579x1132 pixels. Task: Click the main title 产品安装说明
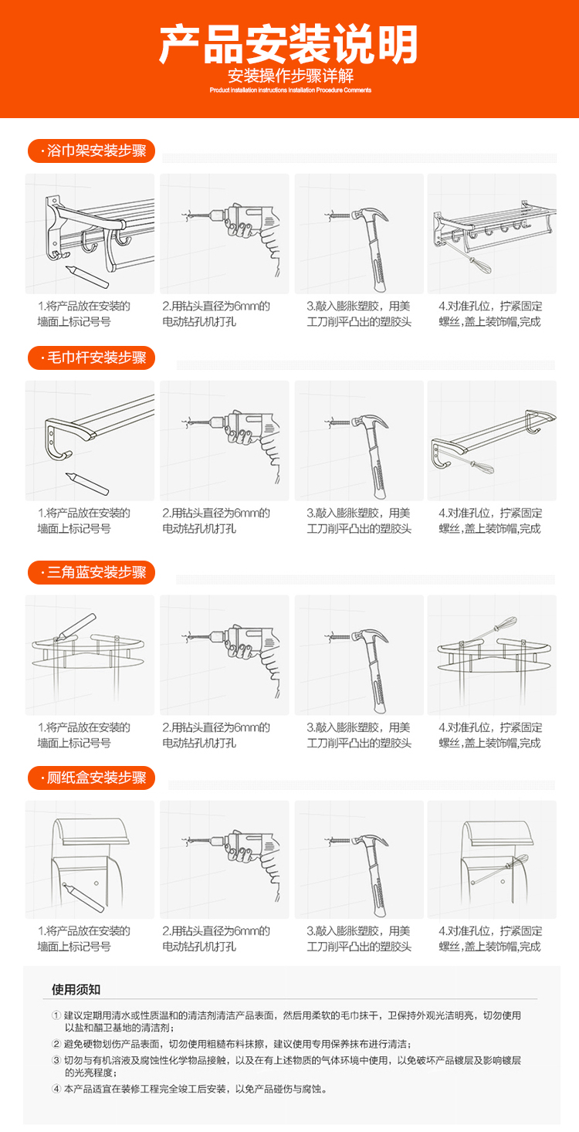[289, 45]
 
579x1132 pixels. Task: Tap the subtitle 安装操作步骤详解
[290, 76]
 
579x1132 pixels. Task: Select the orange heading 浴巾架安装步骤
[91, 151]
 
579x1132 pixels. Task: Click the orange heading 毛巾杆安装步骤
[91, 358]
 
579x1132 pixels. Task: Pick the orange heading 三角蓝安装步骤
[91, 572]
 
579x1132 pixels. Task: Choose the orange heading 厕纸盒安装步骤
[91, 778]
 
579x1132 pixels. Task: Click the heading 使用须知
[76, 989]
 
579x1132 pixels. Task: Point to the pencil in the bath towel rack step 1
[87, 276]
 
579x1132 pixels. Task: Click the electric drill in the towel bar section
[245, 439]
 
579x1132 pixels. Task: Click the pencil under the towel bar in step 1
[87, 483]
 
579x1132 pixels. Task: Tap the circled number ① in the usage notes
[56, 1015]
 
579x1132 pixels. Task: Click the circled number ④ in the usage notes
[56, 1089]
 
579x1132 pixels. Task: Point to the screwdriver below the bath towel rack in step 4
[480, 264]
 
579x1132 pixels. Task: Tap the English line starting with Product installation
[290, 90]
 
